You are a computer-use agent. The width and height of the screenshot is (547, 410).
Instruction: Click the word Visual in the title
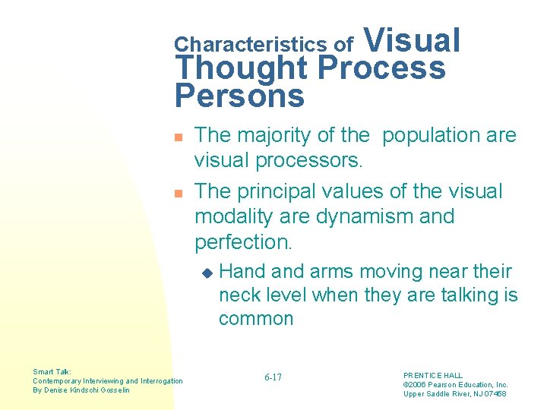(x=414, y=40)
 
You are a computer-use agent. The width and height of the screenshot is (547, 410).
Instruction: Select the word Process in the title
(x=381, y=68)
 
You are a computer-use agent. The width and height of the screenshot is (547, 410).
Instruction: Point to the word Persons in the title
(x=239, y=96)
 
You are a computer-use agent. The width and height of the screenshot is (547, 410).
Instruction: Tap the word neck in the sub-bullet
(x=236, y=295)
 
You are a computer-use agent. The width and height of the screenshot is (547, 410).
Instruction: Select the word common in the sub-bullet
(x=256, y=318)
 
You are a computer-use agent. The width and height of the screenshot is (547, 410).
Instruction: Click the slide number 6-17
(x=273, y=377)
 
